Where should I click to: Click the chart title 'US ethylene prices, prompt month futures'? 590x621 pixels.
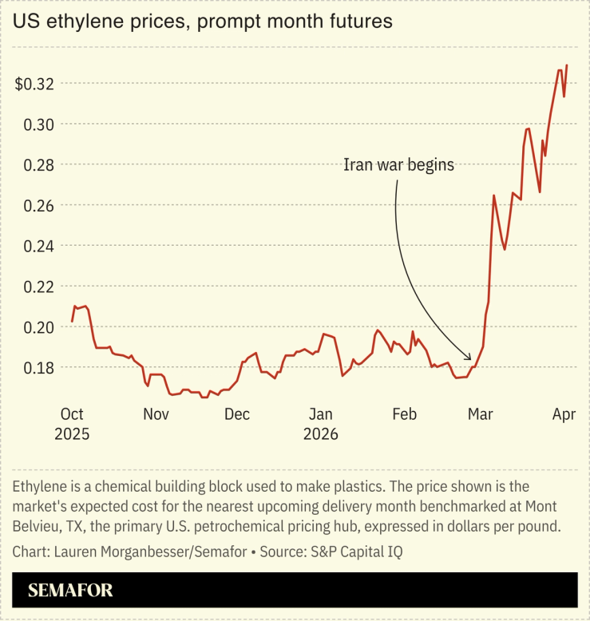[202, 22]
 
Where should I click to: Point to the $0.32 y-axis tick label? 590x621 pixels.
[35, 84]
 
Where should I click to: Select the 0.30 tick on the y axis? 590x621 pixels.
[39, 125]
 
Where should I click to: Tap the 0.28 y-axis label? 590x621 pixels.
[39, 165]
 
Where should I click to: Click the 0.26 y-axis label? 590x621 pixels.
[39, 206]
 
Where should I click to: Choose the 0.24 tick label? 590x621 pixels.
[39, 246]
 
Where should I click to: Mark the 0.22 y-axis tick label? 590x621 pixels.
[39, 287]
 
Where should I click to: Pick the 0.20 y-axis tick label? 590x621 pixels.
[39, 327]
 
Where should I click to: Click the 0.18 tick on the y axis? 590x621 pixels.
[39, 368]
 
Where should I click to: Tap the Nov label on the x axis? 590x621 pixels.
[156, 414]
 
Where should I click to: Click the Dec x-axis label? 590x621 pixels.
[237, 414]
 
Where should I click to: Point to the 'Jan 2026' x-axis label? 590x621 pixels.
[321, 424]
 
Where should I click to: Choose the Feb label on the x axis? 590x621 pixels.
[405, 414]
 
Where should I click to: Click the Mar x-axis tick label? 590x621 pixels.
[481, 414]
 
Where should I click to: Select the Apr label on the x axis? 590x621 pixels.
[564, 414]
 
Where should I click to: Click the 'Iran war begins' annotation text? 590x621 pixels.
[398, 165]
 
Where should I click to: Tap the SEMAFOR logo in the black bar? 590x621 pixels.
[70, 591]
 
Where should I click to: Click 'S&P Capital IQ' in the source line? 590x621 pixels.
[370, 552]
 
